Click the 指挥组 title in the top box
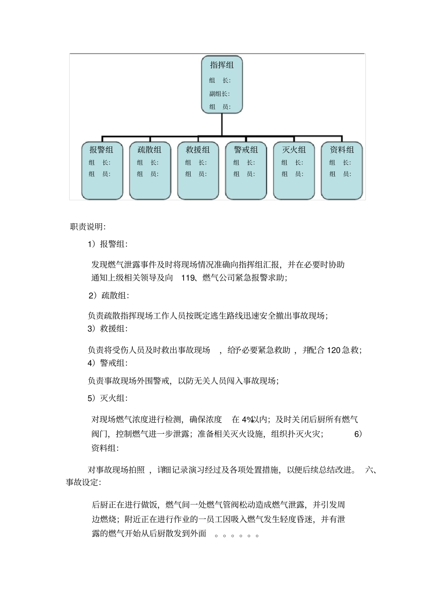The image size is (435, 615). click(x=222, y=65)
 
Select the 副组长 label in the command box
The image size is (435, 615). click(x=219, y=94)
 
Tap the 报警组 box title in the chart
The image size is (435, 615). click(x=101, y=150)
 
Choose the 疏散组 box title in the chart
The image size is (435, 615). click(x=150, y=150)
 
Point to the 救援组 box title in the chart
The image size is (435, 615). click(x=198, y=150)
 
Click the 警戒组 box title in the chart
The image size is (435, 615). click(x=246, y=150)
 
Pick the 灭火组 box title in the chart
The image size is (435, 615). click(x=294, y=150)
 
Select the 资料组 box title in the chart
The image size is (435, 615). click(x=342, y=150)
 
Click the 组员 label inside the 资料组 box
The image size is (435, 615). click(x=340, y=174)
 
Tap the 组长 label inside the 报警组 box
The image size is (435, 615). click(x=99, y=162)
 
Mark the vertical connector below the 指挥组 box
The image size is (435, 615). click(x=222, y=124)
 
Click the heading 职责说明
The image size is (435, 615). click(x=88, y=227)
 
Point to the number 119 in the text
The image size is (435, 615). click(x=188, y=277)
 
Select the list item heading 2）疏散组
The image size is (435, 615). click(x=109, y=296)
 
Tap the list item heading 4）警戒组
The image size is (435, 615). click(x=108, y=363)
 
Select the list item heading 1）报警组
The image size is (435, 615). click(x=108, y=244)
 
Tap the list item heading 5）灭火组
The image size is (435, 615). click(x=108, y=398)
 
